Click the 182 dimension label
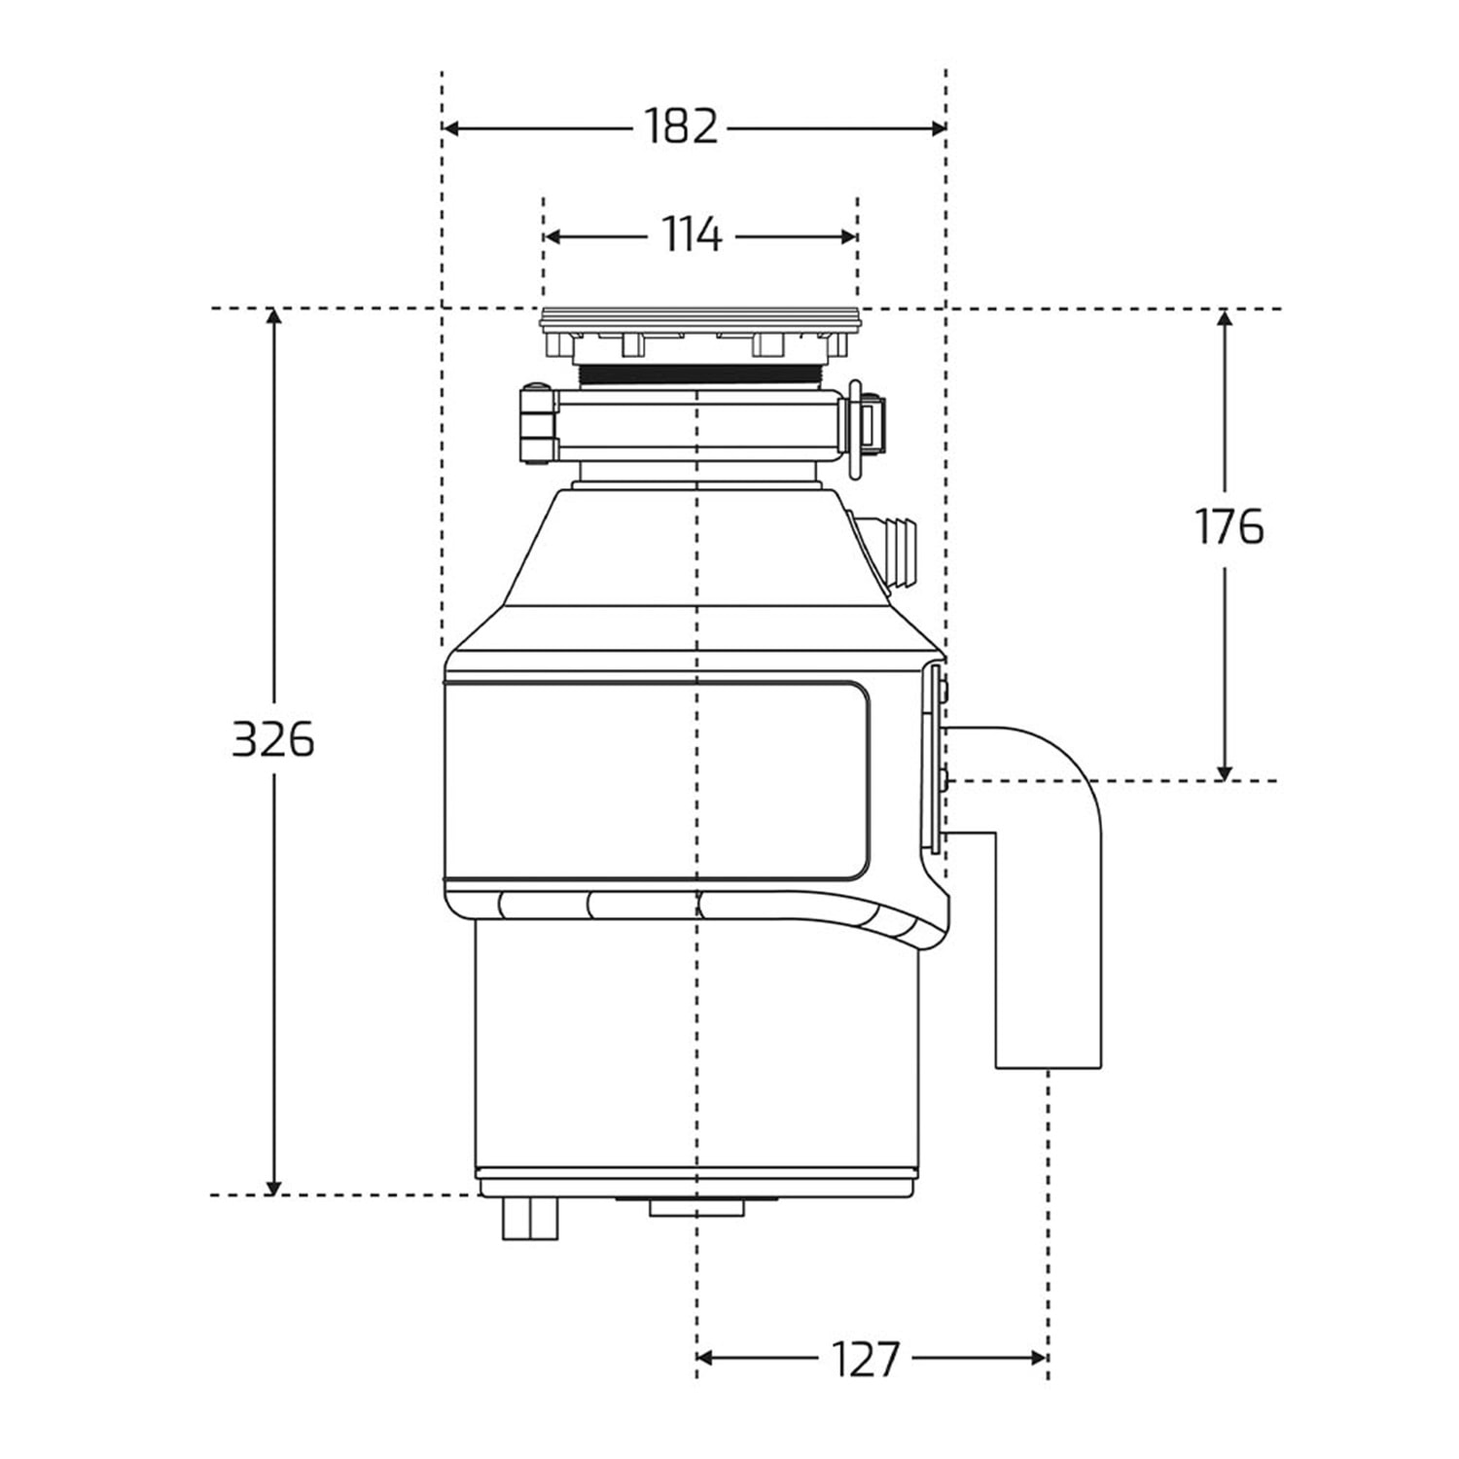(681, 126)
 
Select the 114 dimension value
(693, 234)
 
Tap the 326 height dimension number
(273, 740)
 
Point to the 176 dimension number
(1228, 526)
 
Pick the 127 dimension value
(866, 1358)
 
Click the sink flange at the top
(699, 317)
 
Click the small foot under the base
(530, 1219)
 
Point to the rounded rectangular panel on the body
(657, 780)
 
